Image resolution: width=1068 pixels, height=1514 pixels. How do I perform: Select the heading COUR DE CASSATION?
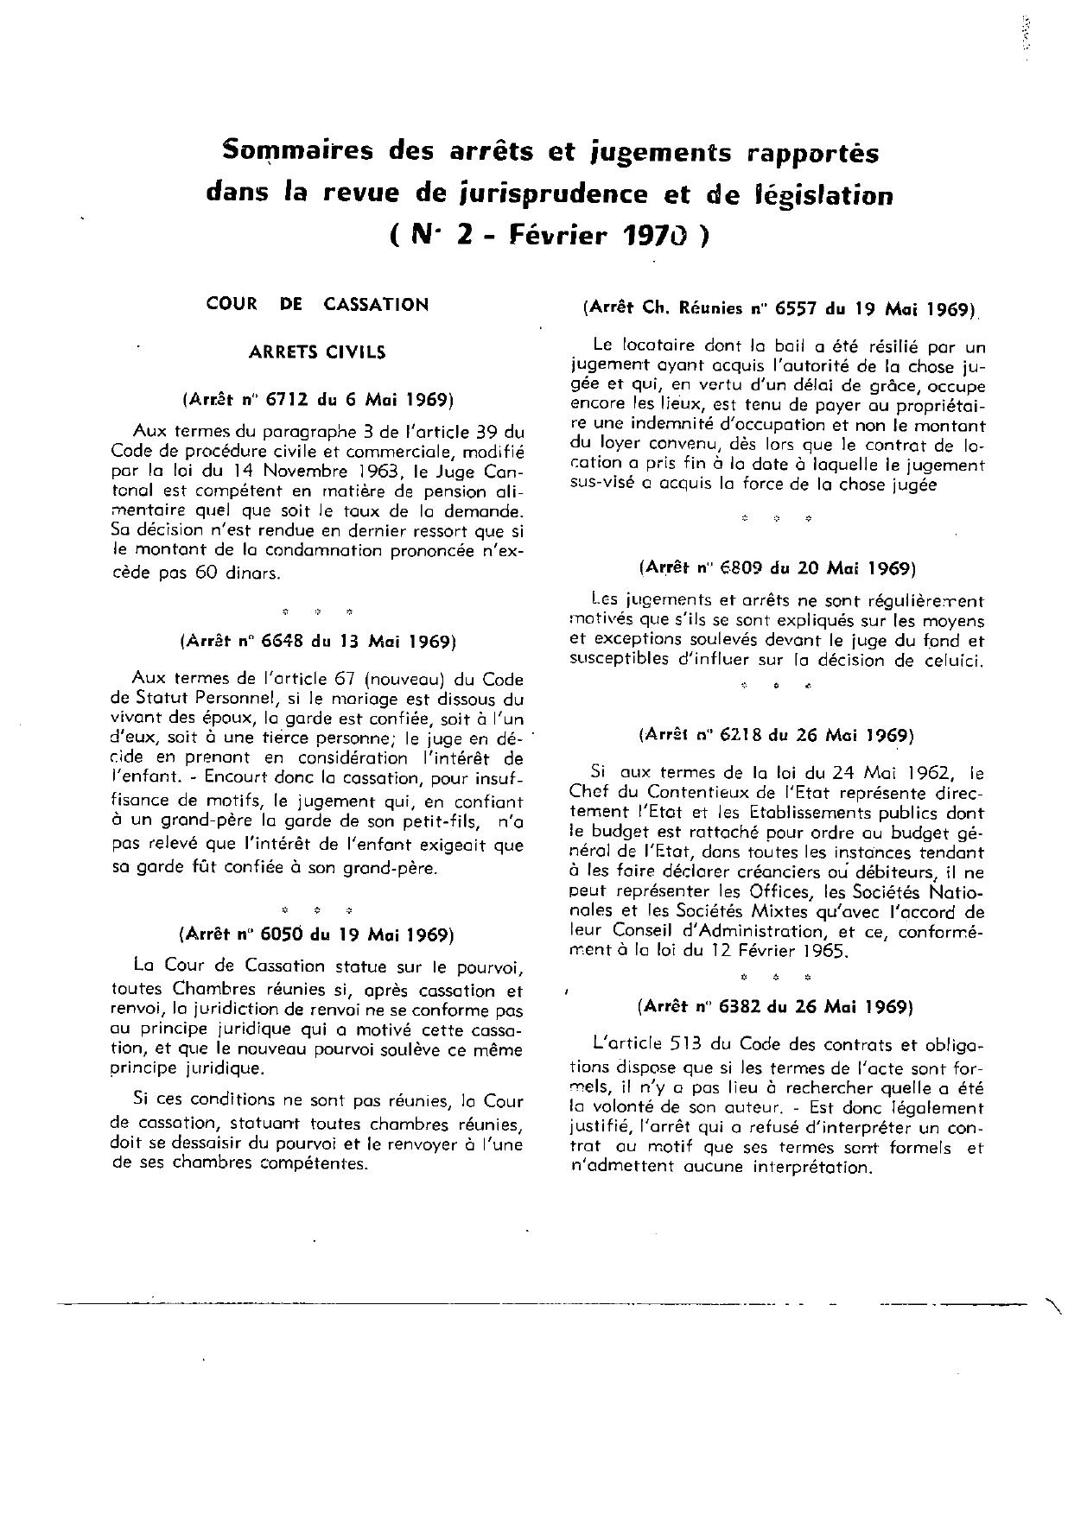[x=317, y=304]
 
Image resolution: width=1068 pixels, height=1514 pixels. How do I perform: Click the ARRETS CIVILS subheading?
[x=317, y=352]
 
